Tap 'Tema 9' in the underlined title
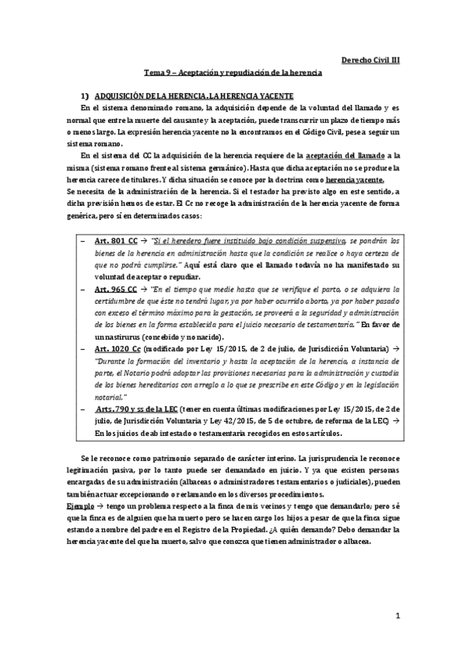tap(166, 71)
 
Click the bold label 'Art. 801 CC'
tap(115, 242)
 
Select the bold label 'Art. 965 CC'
tap(115, 289)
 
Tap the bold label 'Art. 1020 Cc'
tap(118, 350)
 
